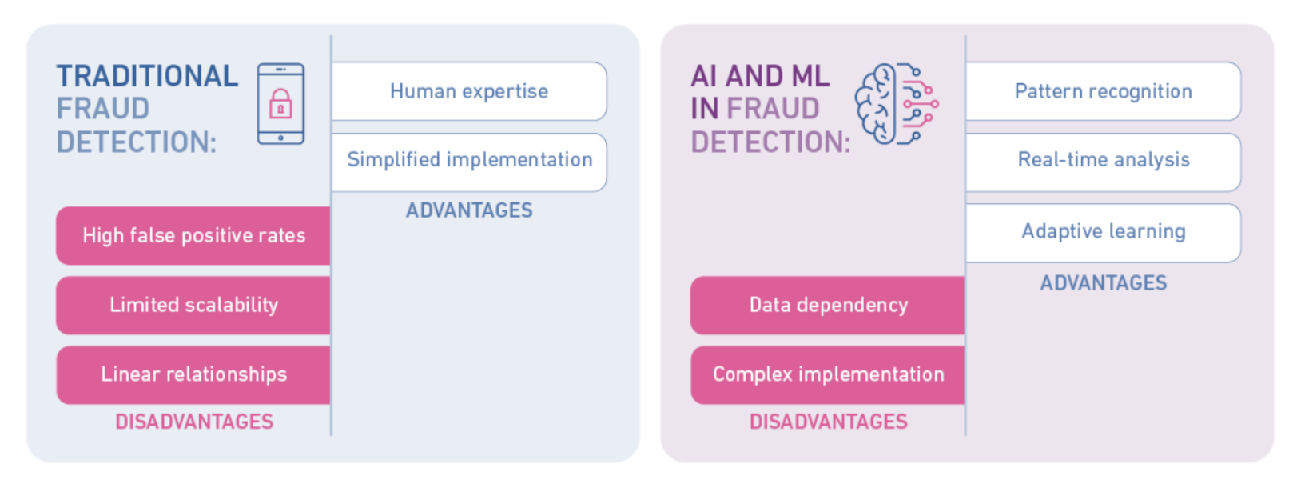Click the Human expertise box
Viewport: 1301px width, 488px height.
point(469,91)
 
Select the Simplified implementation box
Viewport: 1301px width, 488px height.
point(469,162)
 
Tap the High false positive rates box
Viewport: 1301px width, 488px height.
point(193,236)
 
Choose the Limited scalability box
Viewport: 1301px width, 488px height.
point(193,306)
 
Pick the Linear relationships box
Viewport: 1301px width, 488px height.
point(193,375)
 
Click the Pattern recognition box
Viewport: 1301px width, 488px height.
point(1104,91)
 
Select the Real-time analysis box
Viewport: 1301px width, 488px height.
point(1104,162)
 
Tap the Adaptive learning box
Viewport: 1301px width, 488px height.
point(1104,233)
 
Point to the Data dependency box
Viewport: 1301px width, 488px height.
point(828,306)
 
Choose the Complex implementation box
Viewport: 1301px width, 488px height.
point(828,375)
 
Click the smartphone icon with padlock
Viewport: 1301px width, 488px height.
point(280,104)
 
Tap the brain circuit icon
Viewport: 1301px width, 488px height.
point(897,104)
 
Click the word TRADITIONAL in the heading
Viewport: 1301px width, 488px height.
point(147,76)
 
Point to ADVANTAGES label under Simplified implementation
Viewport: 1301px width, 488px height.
point(469,210)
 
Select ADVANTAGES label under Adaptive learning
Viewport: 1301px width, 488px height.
point(1104,283)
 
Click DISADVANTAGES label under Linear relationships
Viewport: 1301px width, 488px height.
point(194,422)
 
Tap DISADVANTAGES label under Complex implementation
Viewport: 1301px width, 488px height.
point(829,422)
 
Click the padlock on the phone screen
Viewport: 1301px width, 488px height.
point(280,104)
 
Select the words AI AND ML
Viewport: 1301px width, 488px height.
point(760,76)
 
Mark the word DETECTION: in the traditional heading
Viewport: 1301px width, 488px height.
point(137,142)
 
